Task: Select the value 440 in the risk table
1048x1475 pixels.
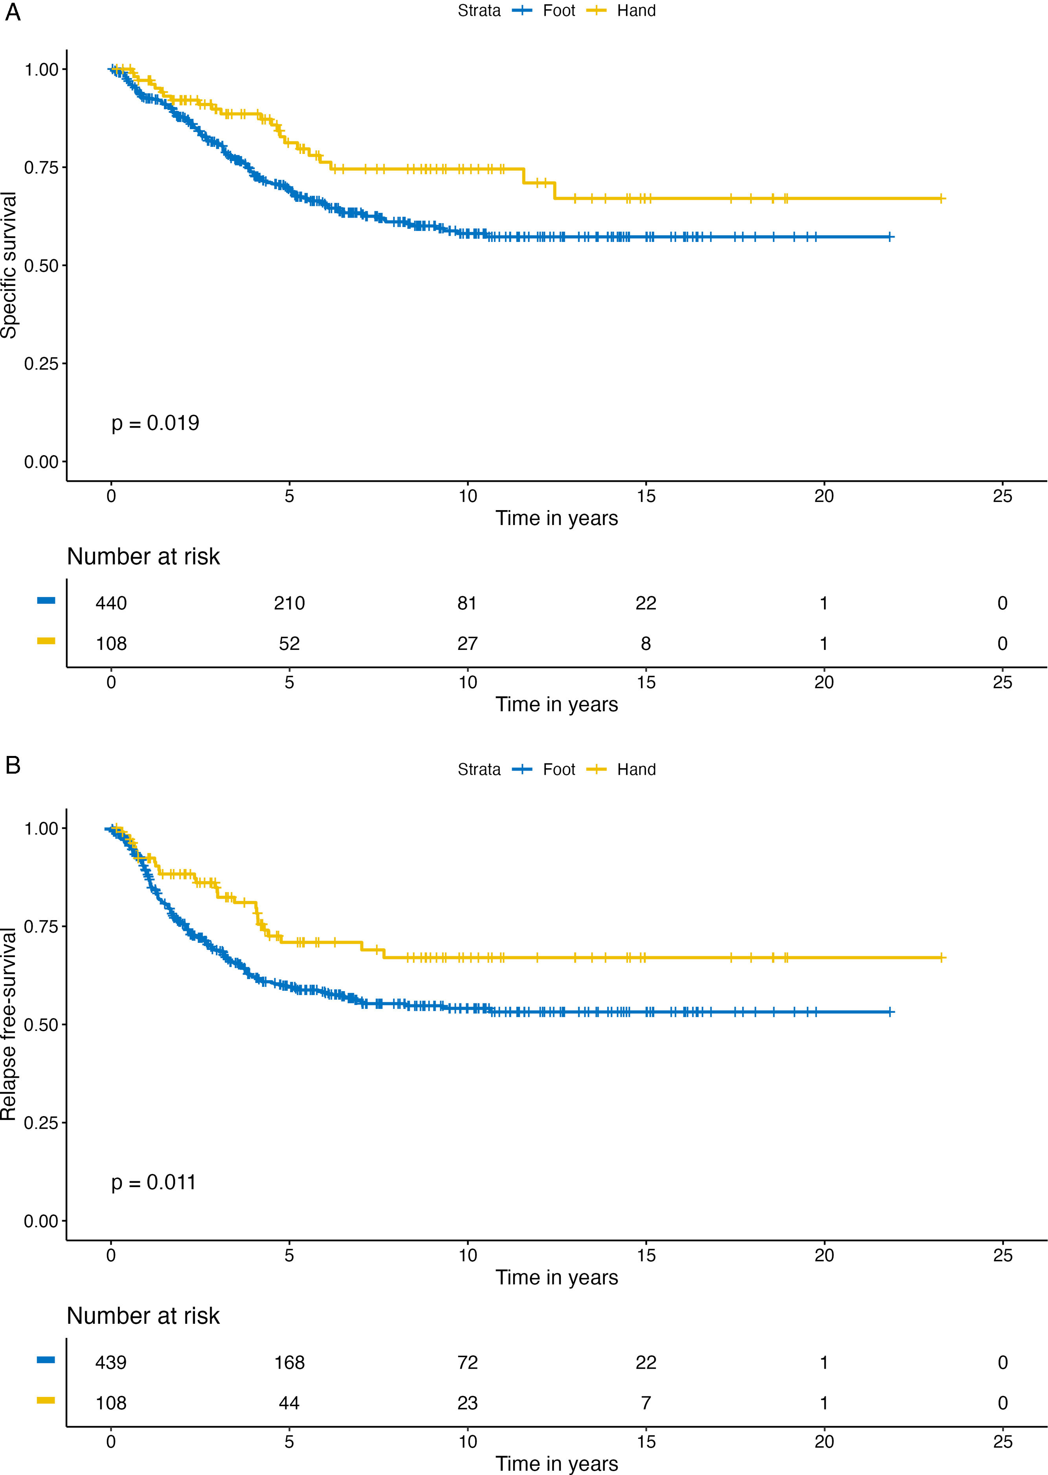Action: point(111,603)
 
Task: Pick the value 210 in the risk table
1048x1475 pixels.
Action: point(289,603)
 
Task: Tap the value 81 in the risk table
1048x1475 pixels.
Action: point(467,603)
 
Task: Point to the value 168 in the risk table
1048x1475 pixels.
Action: point(289,1362)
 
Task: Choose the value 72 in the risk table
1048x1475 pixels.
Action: point(467,1362)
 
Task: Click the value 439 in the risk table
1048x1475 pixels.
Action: point(111,1362)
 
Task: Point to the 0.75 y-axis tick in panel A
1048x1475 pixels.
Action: point(41,168)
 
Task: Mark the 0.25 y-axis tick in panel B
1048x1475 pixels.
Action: point(41,1123)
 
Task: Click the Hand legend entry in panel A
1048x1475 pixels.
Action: point(636,11)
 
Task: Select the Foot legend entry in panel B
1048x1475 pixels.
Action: point(558,769)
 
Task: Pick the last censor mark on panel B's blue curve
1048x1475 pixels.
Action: point(890,1012)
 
